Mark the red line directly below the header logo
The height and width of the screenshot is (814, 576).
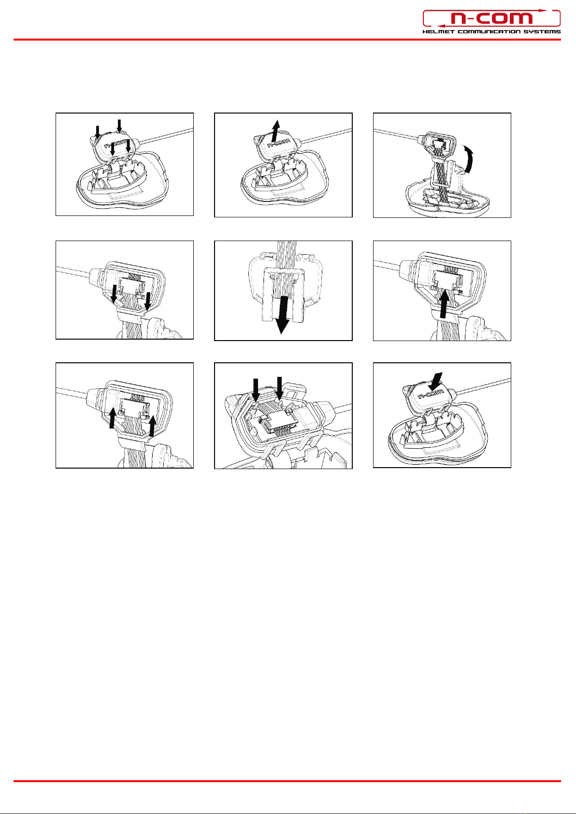coord(287,39)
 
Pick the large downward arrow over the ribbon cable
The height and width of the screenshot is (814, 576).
coord(281,315)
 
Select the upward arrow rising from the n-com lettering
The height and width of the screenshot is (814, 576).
coord(276,130)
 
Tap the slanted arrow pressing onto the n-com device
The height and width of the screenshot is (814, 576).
coord(435,382)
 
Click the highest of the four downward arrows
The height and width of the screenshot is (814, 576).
coord(119,126)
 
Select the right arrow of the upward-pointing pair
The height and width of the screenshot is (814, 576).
coord(153,426)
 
